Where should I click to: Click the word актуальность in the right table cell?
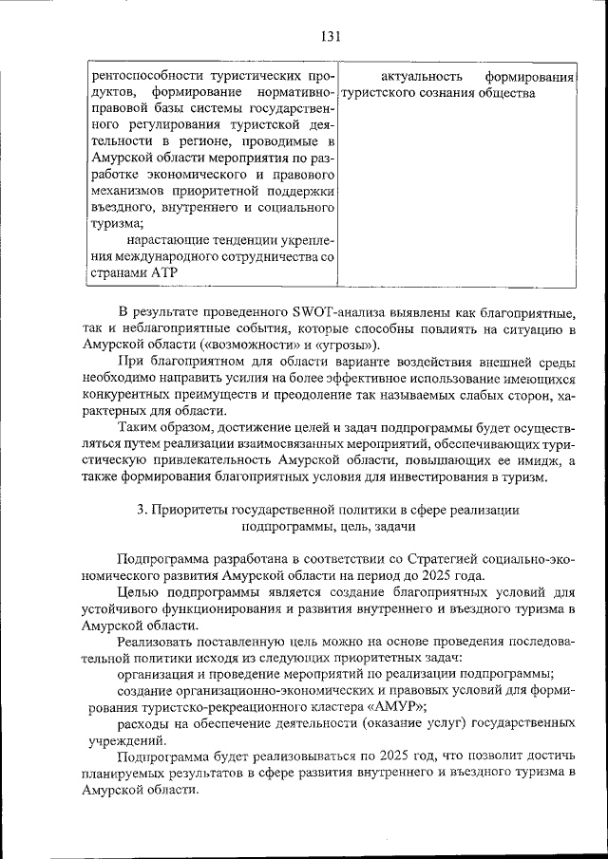(x=421, y=76)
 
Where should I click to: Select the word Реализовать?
(x=159, y=644)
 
